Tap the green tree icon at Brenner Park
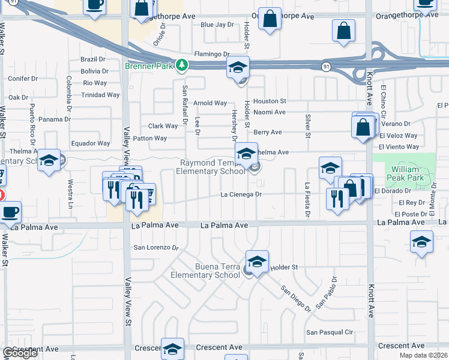tap(181, 65)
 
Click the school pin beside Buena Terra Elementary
tap(257, 262)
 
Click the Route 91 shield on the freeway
tap(325, 65)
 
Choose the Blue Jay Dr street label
tap(217, 25)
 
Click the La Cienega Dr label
tap(241, 194)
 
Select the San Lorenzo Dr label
tap(156, 247)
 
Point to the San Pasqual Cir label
tap(330, 332)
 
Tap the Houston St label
tap(270, 101)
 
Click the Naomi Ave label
tap(270, 112)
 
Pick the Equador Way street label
tap(91, 143)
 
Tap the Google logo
tap(20, 353)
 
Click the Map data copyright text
tap(424, 355)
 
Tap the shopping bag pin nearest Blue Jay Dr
tap(270, 19)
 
